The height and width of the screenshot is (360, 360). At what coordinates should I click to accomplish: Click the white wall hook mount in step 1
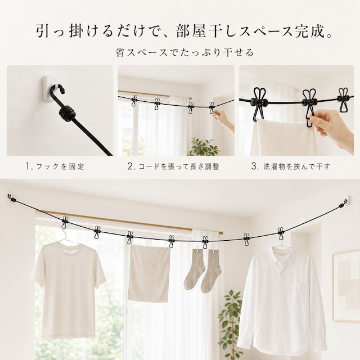pyautogui.click(x=49, y=88)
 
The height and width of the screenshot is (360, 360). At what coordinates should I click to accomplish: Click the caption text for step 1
pyautogui.click(x=55, y=166)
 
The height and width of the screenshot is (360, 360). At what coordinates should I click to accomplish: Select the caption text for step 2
pyautogui.click(x=174, y=166)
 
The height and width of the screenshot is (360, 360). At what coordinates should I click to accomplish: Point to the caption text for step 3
pyautogui.click(x=291, y=166)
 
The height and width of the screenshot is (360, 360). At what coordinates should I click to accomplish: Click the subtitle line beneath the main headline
pyautogui.click(x=184, y=52)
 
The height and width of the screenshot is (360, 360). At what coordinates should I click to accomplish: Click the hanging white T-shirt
pyautogui.click(x=67, y=289)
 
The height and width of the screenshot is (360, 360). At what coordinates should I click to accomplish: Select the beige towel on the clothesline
pyautogui.click(x=148, y=273)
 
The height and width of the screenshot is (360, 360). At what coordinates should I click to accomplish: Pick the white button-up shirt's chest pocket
pyautogui.click(x=298, y=292)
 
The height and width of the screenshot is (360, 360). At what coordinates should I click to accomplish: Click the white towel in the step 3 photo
pyautogui.click(x=283, y=137)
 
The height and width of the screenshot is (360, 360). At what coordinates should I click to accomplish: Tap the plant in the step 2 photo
pyautogui.click(x=203, y=147)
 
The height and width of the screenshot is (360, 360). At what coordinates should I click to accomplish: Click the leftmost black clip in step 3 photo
pyautogui.click(x=259, y=103)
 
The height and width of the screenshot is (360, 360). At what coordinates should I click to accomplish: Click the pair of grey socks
pyautogui.click(x=202, y=271)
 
